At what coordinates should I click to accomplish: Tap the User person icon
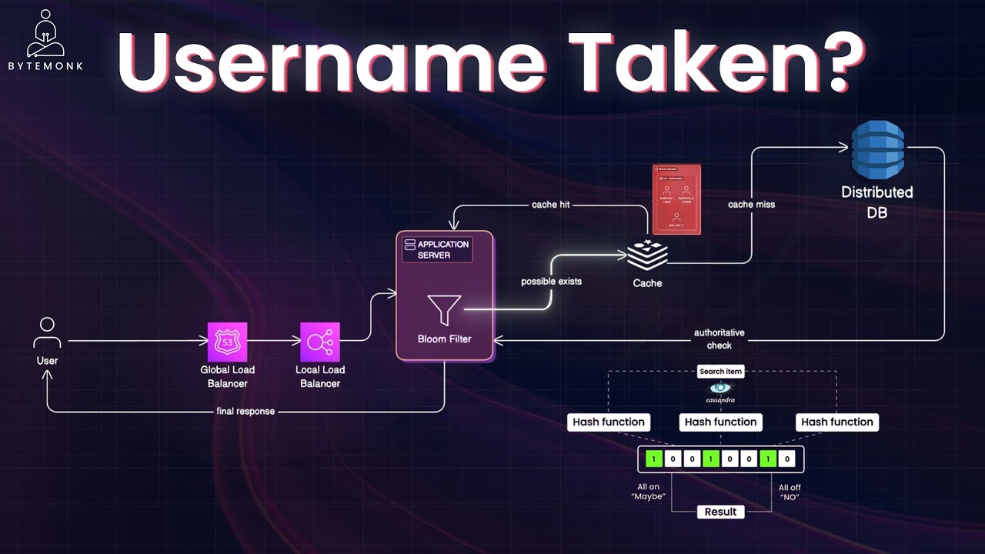tap(47, 333)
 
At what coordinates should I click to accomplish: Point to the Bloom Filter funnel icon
tap(445, 309)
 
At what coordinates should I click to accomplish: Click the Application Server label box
tap(436, 249)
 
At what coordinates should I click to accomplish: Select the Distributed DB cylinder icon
tap(877, 152)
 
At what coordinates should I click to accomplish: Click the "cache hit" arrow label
tap(551, 205)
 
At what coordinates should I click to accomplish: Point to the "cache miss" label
tap(751, 205)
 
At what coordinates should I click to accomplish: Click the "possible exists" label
tap(551, 282)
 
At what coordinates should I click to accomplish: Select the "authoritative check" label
tap(719, 339)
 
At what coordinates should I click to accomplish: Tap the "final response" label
tap(245, 411)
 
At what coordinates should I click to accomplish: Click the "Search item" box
tap(720, 372)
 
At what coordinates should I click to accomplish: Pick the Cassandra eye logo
tap(720, 389)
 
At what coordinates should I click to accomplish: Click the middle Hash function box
tap(720, 422)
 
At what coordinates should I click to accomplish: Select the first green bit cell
tap(653, 459)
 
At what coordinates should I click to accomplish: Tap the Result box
tap(720, 512)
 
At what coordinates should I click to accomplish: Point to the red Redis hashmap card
tap(676, 199)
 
